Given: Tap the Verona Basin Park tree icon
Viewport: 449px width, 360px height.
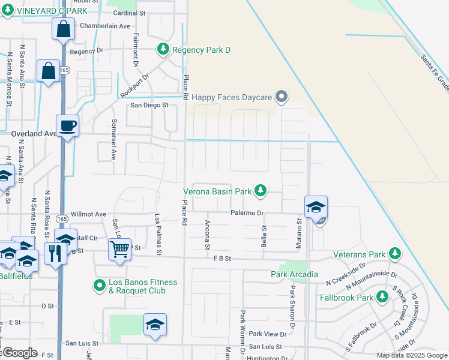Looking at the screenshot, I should (260, 191).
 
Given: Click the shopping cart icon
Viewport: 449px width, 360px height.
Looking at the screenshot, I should (120, 248).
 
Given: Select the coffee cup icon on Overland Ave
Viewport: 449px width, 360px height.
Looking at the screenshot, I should (67, 126).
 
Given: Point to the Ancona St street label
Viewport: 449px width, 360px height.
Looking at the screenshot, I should (207, 235).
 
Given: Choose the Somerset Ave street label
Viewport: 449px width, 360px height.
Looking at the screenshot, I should (113, 139).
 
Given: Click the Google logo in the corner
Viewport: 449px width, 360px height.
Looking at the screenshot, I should (20, 352).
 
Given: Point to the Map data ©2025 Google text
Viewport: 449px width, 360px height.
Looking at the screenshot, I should (411, 355).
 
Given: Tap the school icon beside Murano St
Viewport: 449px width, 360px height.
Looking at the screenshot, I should (316, 207).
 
